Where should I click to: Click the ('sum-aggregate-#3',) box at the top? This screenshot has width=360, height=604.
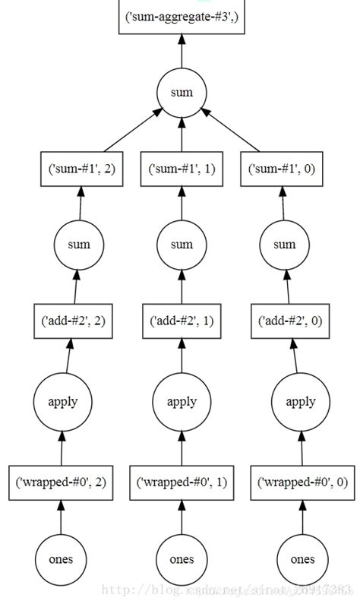coord(182,16)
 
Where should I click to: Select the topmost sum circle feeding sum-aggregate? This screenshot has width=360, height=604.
coord(182,93)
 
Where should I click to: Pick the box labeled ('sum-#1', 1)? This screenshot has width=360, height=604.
coord(182,169)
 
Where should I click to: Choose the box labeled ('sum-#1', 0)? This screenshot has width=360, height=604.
coord(283,169)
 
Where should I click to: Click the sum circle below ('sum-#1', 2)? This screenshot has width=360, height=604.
coord(78,245)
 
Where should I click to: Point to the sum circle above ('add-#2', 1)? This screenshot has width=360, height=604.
coord(182,245)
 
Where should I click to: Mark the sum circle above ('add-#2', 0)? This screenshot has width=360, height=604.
coord(284,245)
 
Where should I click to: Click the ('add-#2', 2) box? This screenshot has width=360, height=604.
coord(73,320)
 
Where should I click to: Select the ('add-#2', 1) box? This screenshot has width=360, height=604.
coord(182,320)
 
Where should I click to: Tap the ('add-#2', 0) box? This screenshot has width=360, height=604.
coord(290,320)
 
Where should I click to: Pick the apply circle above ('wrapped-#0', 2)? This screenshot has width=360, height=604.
coord(63,401)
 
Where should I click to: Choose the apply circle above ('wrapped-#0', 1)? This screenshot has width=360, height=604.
coord(182,401)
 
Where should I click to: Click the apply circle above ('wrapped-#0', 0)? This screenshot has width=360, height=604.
coord(301,401)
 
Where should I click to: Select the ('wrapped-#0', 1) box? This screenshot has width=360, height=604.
coord(182,482)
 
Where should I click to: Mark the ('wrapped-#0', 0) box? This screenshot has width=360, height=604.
coord(303,482)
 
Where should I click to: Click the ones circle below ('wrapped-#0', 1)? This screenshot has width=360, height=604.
coord(182,558)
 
